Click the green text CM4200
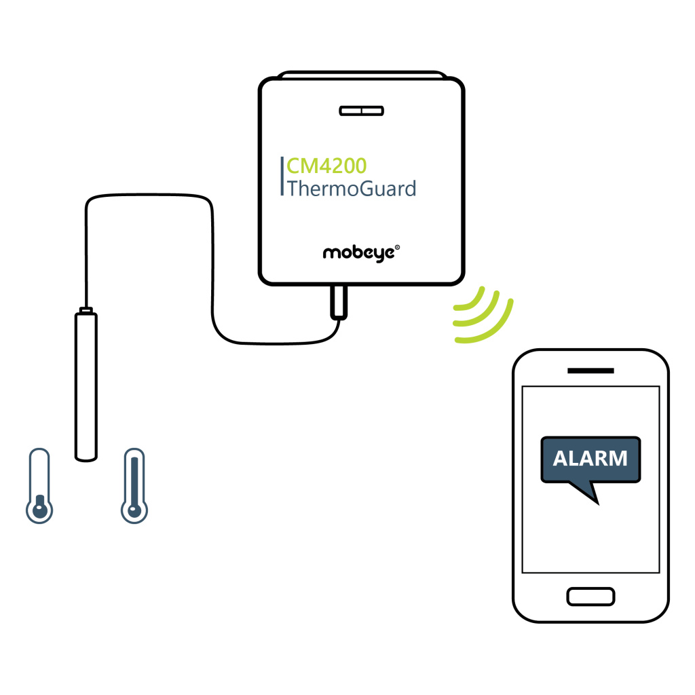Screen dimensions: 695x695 point(326,166)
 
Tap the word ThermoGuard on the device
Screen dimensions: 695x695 point(352,189)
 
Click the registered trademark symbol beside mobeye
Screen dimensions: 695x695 point(397,247)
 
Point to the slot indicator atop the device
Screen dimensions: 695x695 point(361,111)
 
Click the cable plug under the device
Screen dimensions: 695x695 point(339,302)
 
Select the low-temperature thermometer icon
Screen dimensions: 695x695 point(39,486)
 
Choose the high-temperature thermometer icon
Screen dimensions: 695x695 point(134,486)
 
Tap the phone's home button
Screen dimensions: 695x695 point(591,597)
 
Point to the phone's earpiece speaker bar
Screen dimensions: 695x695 point(591,371)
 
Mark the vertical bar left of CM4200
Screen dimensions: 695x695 point(282,176)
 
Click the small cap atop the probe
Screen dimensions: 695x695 point(86,309)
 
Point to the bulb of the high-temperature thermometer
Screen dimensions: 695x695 point(134,510)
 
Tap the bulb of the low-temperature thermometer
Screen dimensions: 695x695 point(39,510)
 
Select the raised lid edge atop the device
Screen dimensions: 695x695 point(362,75)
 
